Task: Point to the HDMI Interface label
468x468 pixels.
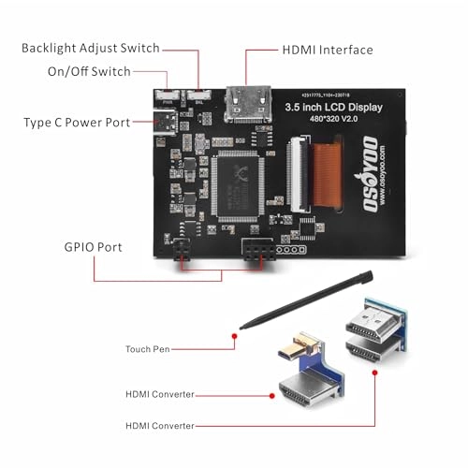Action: [328, 50]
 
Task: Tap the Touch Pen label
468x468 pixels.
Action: [148, 349]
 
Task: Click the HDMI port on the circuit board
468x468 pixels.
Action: [245, 96]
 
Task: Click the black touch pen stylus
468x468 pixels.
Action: [309, 299]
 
